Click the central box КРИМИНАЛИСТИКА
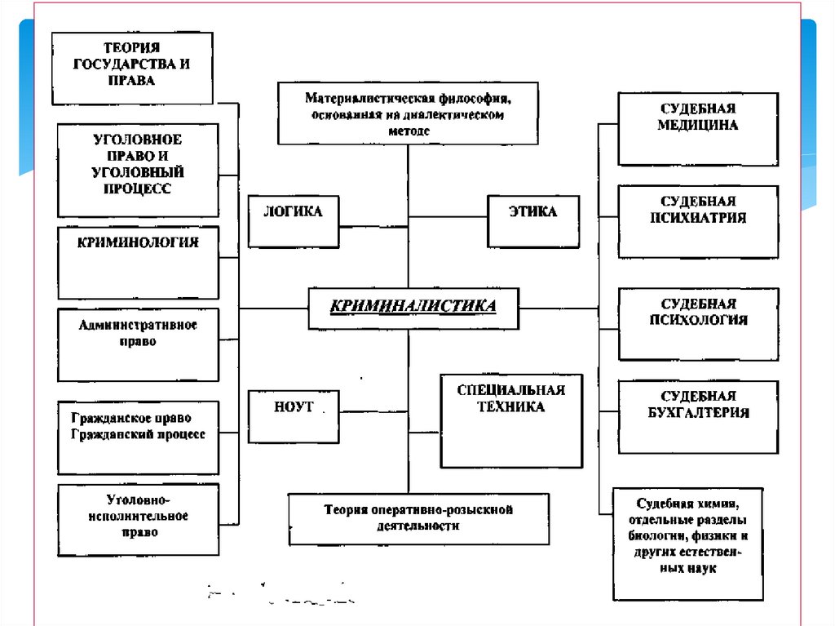point(413,308)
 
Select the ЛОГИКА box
point(294,221)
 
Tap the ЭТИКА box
point(533,221)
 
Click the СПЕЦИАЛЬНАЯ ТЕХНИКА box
point(511,420)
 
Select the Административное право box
point(138,344)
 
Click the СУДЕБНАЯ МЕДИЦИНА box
point(698,129)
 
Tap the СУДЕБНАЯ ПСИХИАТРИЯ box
point(698,221)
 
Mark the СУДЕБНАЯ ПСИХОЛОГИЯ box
point(698,323)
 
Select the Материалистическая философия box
point(408,113)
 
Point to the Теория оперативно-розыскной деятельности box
point(418,518)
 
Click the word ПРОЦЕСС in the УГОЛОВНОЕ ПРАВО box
point(138,189)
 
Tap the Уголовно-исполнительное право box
point(138,519)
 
